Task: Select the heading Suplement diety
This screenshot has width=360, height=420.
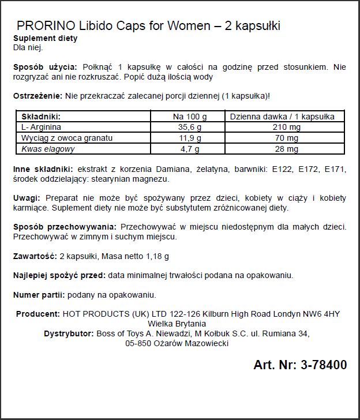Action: click(45, 38)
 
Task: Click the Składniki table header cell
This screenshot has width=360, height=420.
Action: click(41, 116)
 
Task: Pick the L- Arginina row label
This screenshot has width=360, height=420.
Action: click(41, 127)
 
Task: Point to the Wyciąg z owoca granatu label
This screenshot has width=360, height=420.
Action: click(67, 138)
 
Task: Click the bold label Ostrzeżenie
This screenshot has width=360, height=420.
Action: click(37, 95)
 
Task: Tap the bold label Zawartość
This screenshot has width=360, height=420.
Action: click(35, 256)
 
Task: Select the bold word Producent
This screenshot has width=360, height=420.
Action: click(37, 314)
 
